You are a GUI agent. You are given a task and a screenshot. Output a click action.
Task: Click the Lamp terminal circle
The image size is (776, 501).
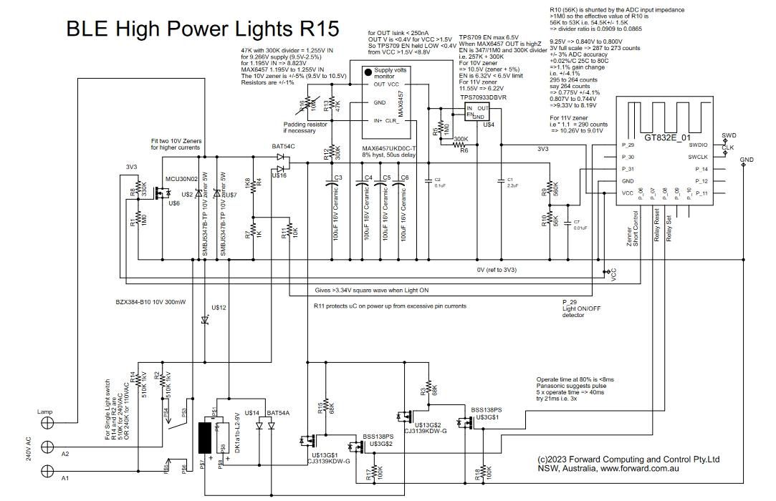48,423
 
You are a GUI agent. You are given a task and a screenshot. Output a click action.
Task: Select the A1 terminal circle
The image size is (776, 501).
48,470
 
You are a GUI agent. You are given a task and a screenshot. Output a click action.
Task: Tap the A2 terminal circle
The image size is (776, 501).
48,447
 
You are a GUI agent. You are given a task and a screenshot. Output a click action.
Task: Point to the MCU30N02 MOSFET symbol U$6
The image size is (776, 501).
164,191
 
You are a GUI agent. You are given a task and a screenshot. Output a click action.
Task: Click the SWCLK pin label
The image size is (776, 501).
697,157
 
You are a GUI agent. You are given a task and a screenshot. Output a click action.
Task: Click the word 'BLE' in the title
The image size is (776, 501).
89,29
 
